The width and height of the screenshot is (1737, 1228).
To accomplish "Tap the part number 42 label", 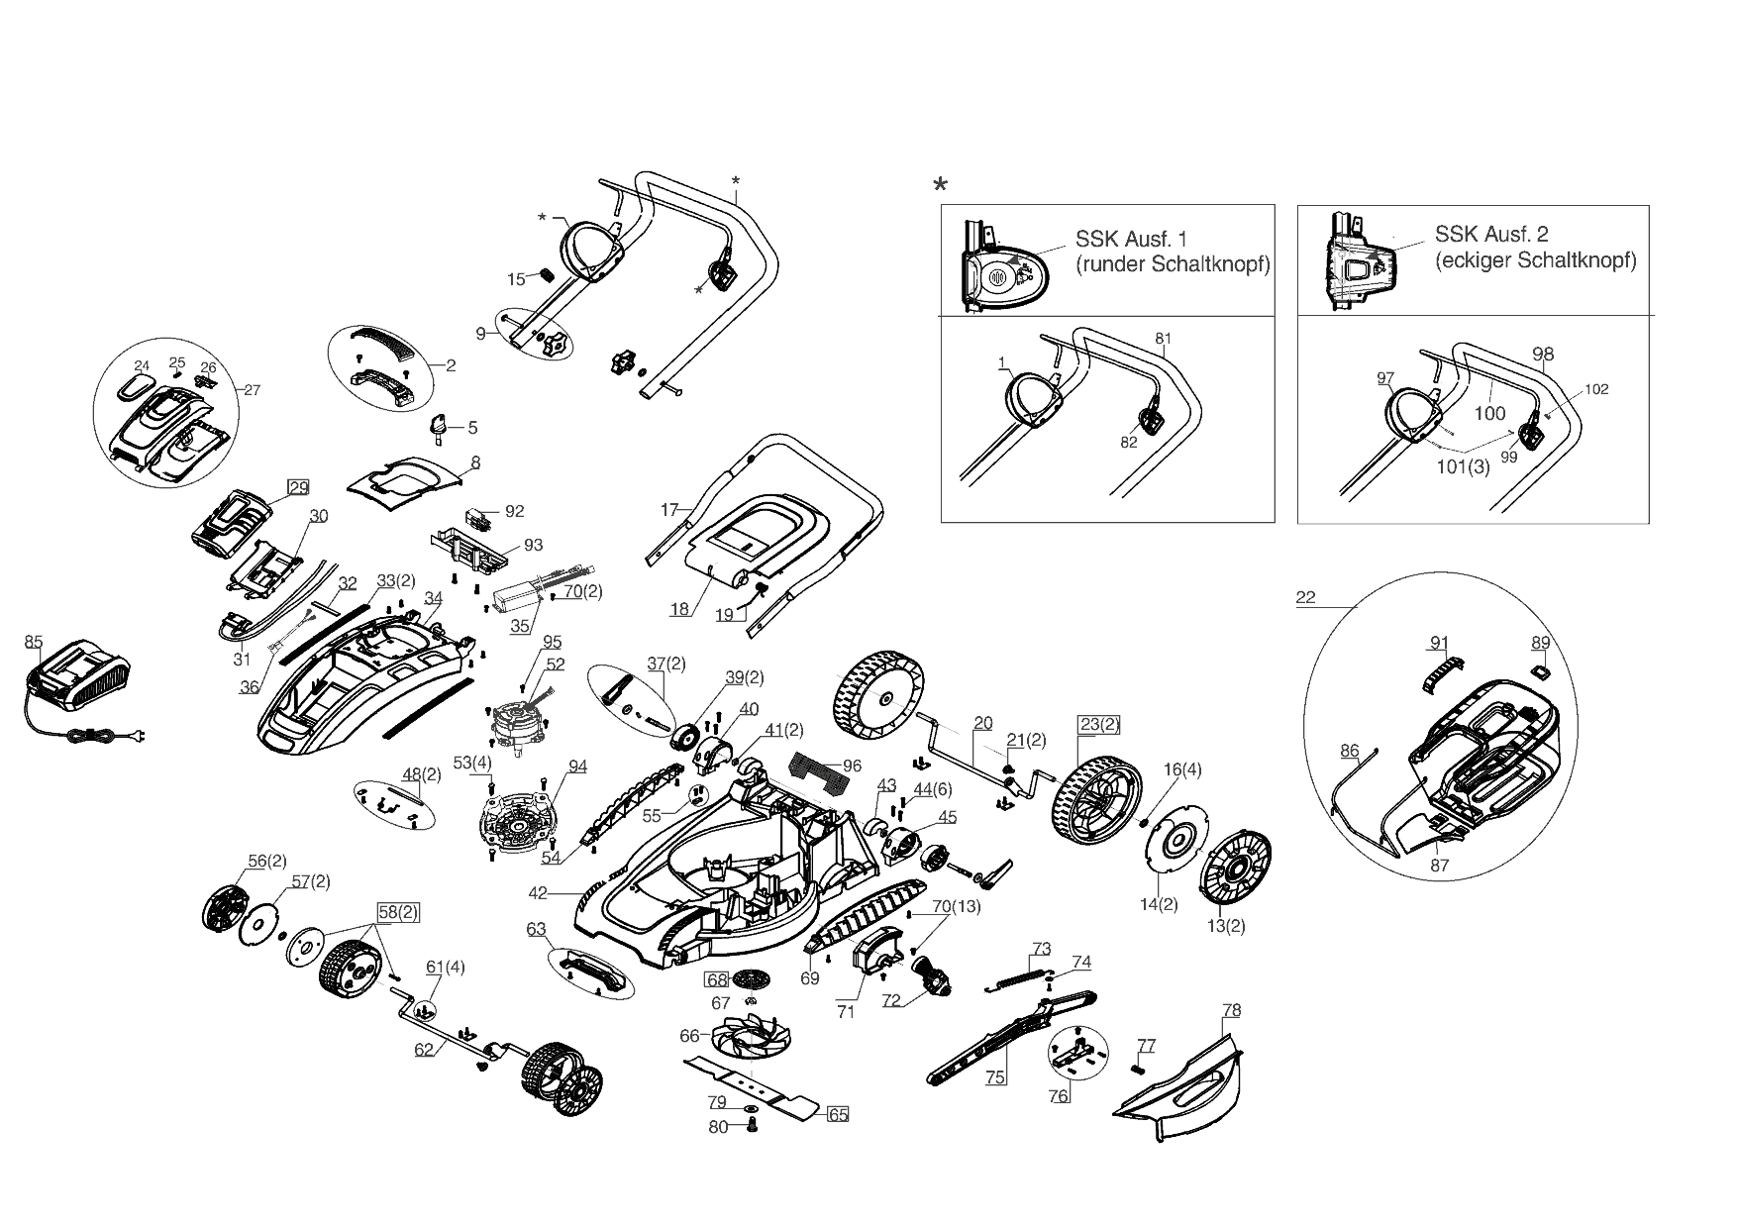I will pos(538,893).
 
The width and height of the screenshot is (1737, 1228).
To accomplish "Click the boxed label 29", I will pos(298,487).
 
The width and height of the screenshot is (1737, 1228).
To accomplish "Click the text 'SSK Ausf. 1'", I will pos(1130,240).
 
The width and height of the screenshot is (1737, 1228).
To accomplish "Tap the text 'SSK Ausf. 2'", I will pos(1491,235).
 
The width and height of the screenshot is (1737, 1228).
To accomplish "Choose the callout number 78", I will pos(1231,1011).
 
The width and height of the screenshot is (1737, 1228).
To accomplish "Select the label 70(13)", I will pos(956,906).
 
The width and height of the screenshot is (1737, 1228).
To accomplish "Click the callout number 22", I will pos(1305,597).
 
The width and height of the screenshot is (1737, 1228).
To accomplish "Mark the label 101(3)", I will pos(1463,468).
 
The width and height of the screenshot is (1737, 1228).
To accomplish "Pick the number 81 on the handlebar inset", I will pos(1163,339).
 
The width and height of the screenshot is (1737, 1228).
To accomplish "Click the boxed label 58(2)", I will pos(397,913).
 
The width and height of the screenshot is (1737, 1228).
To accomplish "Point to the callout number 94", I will pos(577,767).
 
